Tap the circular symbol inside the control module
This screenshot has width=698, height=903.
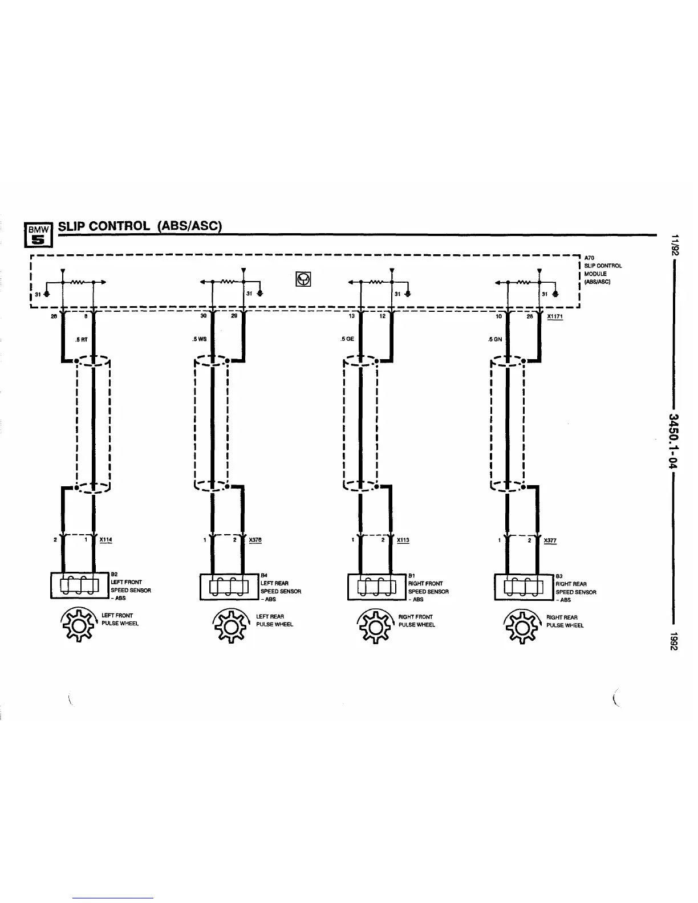[x=303, y=279]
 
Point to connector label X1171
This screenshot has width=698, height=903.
[x=554, y=316]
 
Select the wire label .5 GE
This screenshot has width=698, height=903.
[x=347, y=339]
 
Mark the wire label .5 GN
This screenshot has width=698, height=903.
[x=495, y=339]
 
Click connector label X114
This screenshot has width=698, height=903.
[x=105, y=540]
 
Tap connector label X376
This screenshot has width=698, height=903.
[x=255, y=540]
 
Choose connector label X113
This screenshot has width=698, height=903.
[x=403, y=540]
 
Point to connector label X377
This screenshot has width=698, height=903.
[x=550, y=540]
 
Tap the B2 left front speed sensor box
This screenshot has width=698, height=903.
[x=80, y=585]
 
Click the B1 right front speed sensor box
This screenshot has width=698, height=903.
[x=377, y=587]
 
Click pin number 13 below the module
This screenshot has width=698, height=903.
[x=351, y=316]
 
